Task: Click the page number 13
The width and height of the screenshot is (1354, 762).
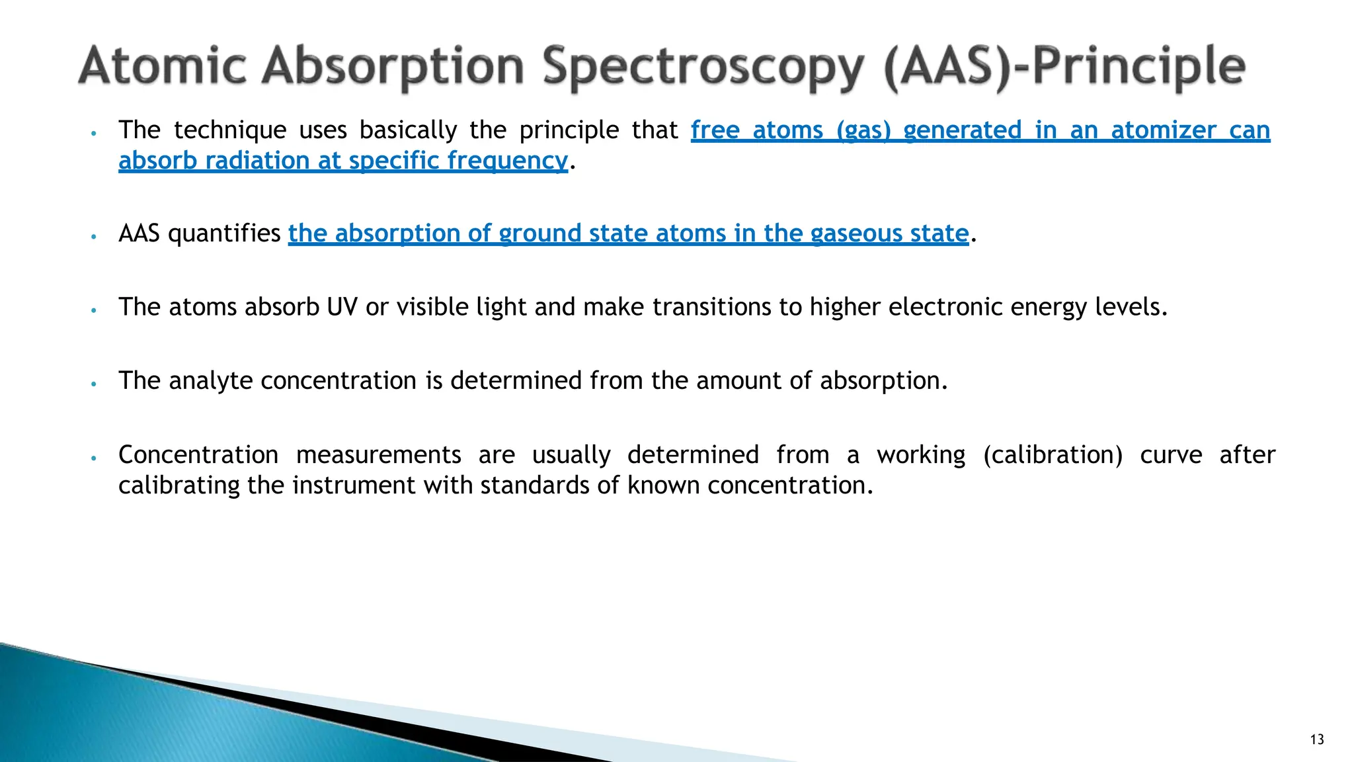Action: click(1317, 740)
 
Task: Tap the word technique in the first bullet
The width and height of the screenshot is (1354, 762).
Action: click(230, 130)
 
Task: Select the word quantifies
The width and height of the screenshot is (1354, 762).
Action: click(224, 233)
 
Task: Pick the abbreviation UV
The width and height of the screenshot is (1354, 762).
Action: click(342, 307)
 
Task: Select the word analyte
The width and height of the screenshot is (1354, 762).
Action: click(210, 381)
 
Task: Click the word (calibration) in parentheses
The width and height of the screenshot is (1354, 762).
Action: click(1053, 455)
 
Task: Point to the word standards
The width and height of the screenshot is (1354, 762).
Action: click(535, 486)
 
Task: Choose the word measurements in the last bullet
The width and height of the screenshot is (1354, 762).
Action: click(378, 455)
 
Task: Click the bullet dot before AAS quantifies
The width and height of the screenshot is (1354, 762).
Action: click(95, 236)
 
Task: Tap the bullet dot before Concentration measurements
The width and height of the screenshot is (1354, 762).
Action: click(95, 458)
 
